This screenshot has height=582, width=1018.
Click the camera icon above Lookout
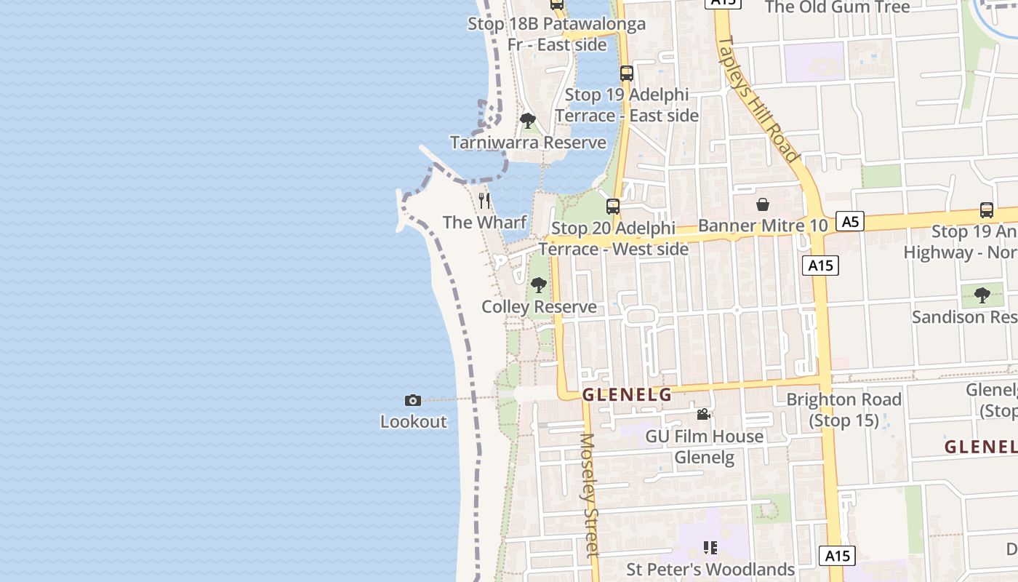[x=413, y=400]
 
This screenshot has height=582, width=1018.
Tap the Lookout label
[x=413, y=421]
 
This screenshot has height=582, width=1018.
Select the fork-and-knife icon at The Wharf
[x=484, y=201]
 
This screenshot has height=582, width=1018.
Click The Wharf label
[x=484, y=222]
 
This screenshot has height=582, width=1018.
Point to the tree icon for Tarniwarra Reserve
[x=528, y=121]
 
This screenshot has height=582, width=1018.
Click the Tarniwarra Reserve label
[x=528, y=142]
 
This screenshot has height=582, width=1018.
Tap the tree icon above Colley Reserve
[x=539, y=285]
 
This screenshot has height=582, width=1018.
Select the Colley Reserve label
[x=539, y=306]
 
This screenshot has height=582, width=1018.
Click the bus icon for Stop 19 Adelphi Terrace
[x=627, y=73]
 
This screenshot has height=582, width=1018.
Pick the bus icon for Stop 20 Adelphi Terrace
[x=613, y=207]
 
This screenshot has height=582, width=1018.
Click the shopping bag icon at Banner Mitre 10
[x=763, y=204]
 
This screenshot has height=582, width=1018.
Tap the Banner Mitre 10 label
[x=763, y=226]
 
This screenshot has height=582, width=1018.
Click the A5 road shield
[x=850, y=221]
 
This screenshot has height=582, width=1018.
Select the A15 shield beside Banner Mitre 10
[x=821, y=266]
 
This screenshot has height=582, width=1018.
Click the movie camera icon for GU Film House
[x=703, y=415]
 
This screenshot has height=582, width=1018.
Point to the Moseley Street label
[x=588, y=495]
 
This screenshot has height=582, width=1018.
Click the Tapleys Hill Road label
[x=758, y=97]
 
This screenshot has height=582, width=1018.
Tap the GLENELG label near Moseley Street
[x=627, y=395]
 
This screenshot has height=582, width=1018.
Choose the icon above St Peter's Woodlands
[x=710, y=548]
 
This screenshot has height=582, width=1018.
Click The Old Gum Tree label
[x=837, y=7]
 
